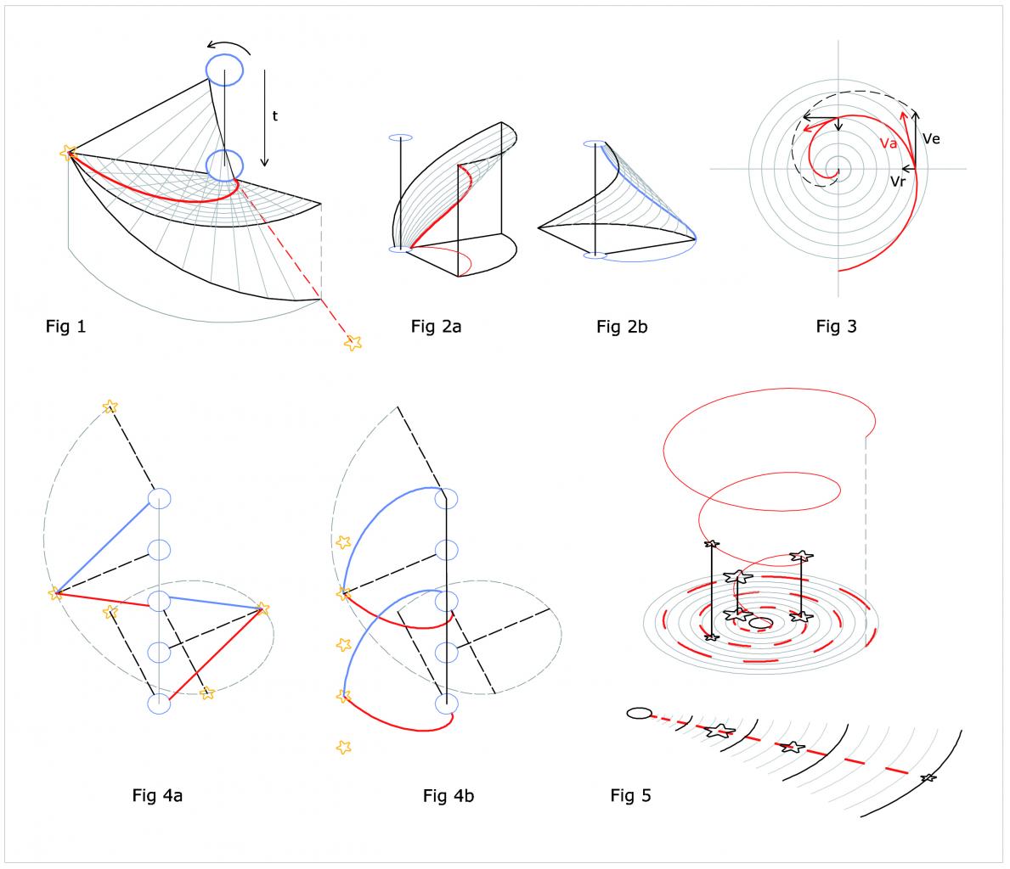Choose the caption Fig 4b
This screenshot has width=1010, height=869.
[x=449, y=795]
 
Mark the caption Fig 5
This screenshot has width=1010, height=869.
[x=631, y=795]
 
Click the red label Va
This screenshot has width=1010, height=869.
[x=889, y=143]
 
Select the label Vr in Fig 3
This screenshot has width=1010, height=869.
[x=898, y=180]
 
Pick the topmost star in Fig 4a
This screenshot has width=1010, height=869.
[x=109, y=407]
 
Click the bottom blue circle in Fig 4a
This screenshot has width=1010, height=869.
[x=160, y=704]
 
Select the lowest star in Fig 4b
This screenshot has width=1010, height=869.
[x=343, y=747]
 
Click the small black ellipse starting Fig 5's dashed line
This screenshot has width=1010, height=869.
[x=638, y=713]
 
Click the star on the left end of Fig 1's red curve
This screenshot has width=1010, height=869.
[x=69, y=152]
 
